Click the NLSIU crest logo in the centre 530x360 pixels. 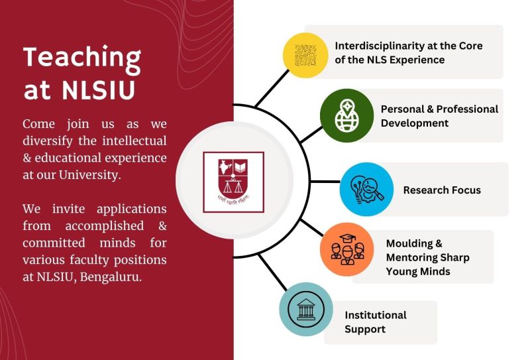[x=233, y=182]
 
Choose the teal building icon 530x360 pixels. [x=305, y=309]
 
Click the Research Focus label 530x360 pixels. [x=442, y=190]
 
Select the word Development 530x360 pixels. [x=415, y=123]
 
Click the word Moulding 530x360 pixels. [x=409, y=244]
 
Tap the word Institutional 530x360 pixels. [x=376, y=315]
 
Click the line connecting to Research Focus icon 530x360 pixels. [x=325, y=182]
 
